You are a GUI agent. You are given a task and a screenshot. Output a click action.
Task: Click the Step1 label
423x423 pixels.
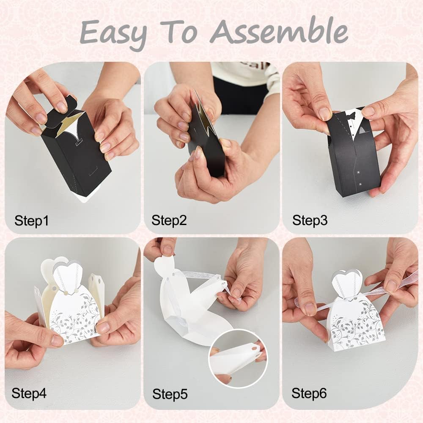pyautogui.click(x=32, y=221)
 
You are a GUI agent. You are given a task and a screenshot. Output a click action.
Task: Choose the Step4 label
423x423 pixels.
pyautogui.click(x=29, y=393)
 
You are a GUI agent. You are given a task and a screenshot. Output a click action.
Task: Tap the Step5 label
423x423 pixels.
pyautogui.click(x=170, y=394)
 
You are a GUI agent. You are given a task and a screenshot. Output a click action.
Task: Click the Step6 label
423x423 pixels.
pyautogui.click(x=309, y=393)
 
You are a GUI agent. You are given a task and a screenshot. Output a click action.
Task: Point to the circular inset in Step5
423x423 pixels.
pyautogui.click(x=238, y=359)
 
